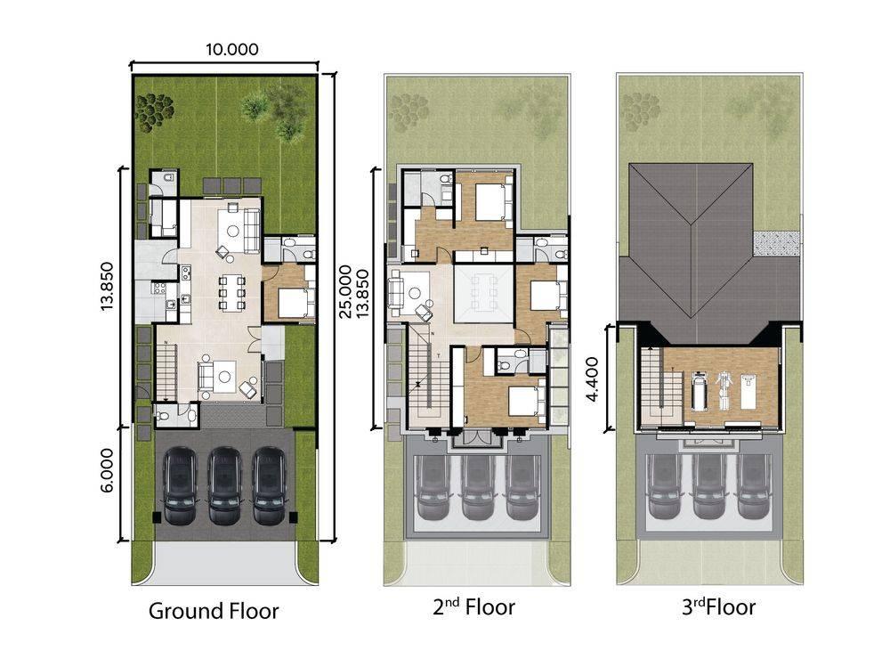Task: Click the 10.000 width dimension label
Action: [231, 49]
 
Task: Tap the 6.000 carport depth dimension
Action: [108, 470]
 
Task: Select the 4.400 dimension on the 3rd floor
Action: [592, 379]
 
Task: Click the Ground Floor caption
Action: [214, 611]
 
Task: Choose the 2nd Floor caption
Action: [474, 606]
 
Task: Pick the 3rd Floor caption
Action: [718, 606]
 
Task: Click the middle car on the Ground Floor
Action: [224, 485]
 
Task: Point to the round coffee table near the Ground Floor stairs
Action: [226, 376]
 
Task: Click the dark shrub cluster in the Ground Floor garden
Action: [153, 110]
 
